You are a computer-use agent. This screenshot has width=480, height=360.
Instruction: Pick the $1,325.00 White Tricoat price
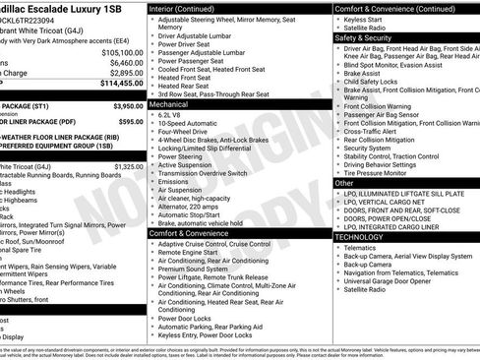124,167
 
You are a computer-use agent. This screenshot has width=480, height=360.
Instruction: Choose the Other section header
344,183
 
